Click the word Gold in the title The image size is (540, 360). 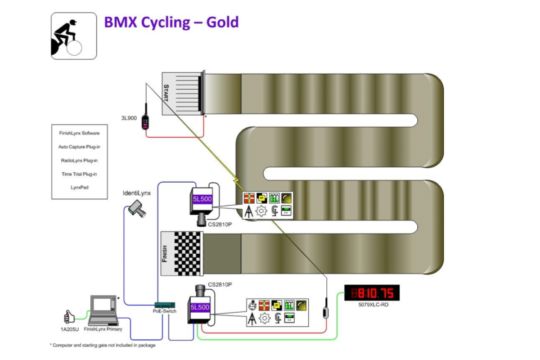[222, 22]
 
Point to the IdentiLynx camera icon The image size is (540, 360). [136, 207]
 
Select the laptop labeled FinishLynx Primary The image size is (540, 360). [103, 310]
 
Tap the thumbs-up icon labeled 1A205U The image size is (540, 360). [68, 317]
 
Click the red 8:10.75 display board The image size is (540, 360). [372, 293]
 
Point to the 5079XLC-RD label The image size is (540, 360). [372, 304]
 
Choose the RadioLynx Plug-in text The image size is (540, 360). [80, 160]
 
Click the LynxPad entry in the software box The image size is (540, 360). [80, 187]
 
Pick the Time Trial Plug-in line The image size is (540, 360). [80, 174]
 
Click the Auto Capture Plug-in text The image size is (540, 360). [80, 147]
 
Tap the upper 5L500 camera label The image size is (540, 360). [202, 198]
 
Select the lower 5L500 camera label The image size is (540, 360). [199, 307]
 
